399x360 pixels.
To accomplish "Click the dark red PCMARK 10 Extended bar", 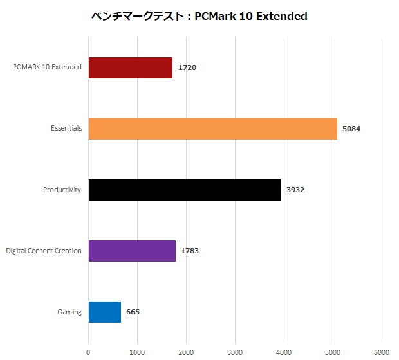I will coord(130,67).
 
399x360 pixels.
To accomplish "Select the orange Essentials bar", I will coord(212,129).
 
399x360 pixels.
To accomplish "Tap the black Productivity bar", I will coord(184,190).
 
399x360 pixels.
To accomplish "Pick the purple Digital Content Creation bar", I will coord(132,251).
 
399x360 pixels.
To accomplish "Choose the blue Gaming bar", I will coord(104,312).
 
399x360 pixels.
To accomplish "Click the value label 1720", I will coord(188,67).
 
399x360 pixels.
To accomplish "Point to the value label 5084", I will coord(352,129).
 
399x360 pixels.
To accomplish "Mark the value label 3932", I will coord(296,190).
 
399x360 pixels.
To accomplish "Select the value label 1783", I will coord(190,251).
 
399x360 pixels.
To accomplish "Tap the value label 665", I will coord(133,312).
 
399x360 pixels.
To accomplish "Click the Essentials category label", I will coord(66,129).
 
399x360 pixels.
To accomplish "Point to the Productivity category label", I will coord(62,190).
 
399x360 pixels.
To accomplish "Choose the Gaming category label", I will coord(70,312).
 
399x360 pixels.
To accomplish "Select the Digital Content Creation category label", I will coord(44,251).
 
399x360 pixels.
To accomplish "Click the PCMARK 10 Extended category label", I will coord(47,67).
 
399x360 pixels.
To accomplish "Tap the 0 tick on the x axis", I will coord(88,352).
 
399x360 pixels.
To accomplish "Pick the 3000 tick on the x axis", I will coord(235,352).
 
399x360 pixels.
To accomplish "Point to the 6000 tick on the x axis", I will coord(382,352).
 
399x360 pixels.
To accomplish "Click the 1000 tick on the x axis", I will coord(137,352).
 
